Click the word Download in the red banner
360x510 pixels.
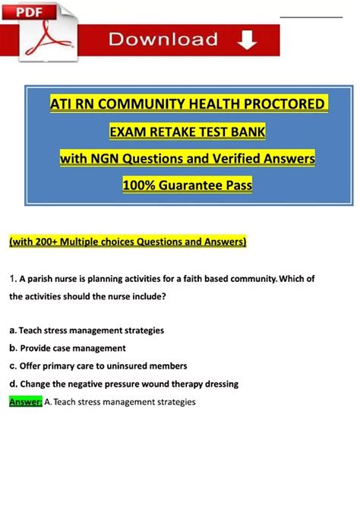pyautogui.click(x=163, y=40)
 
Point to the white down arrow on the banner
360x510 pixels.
pyautogui.click(x=246, y=40)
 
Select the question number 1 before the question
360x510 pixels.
pyautogui.click(x=11, y=279)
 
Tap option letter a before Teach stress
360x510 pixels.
pyautogui.click(x=12, y=331)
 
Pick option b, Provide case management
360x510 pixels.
pyautogui.click(x=68, y=348)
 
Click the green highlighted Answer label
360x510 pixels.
pyautogui.click(x=25, y=402)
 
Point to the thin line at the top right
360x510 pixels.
pyautogui.click(x=311, y=15)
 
